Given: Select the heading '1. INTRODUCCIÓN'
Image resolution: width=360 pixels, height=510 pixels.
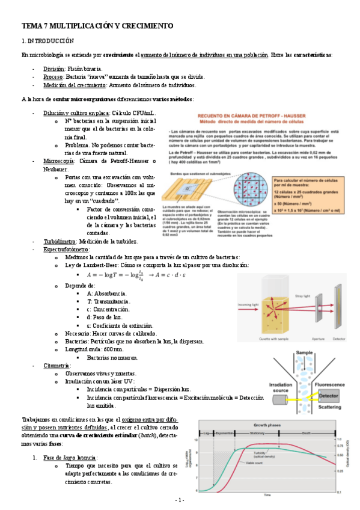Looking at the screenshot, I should [x=47, y=41].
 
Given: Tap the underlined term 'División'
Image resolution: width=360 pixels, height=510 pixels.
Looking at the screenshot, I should [x=53, y=69].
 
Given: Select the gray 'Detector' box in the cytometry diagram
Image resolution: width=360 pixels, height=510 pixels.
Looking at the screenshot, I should [x=328, y=396].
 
